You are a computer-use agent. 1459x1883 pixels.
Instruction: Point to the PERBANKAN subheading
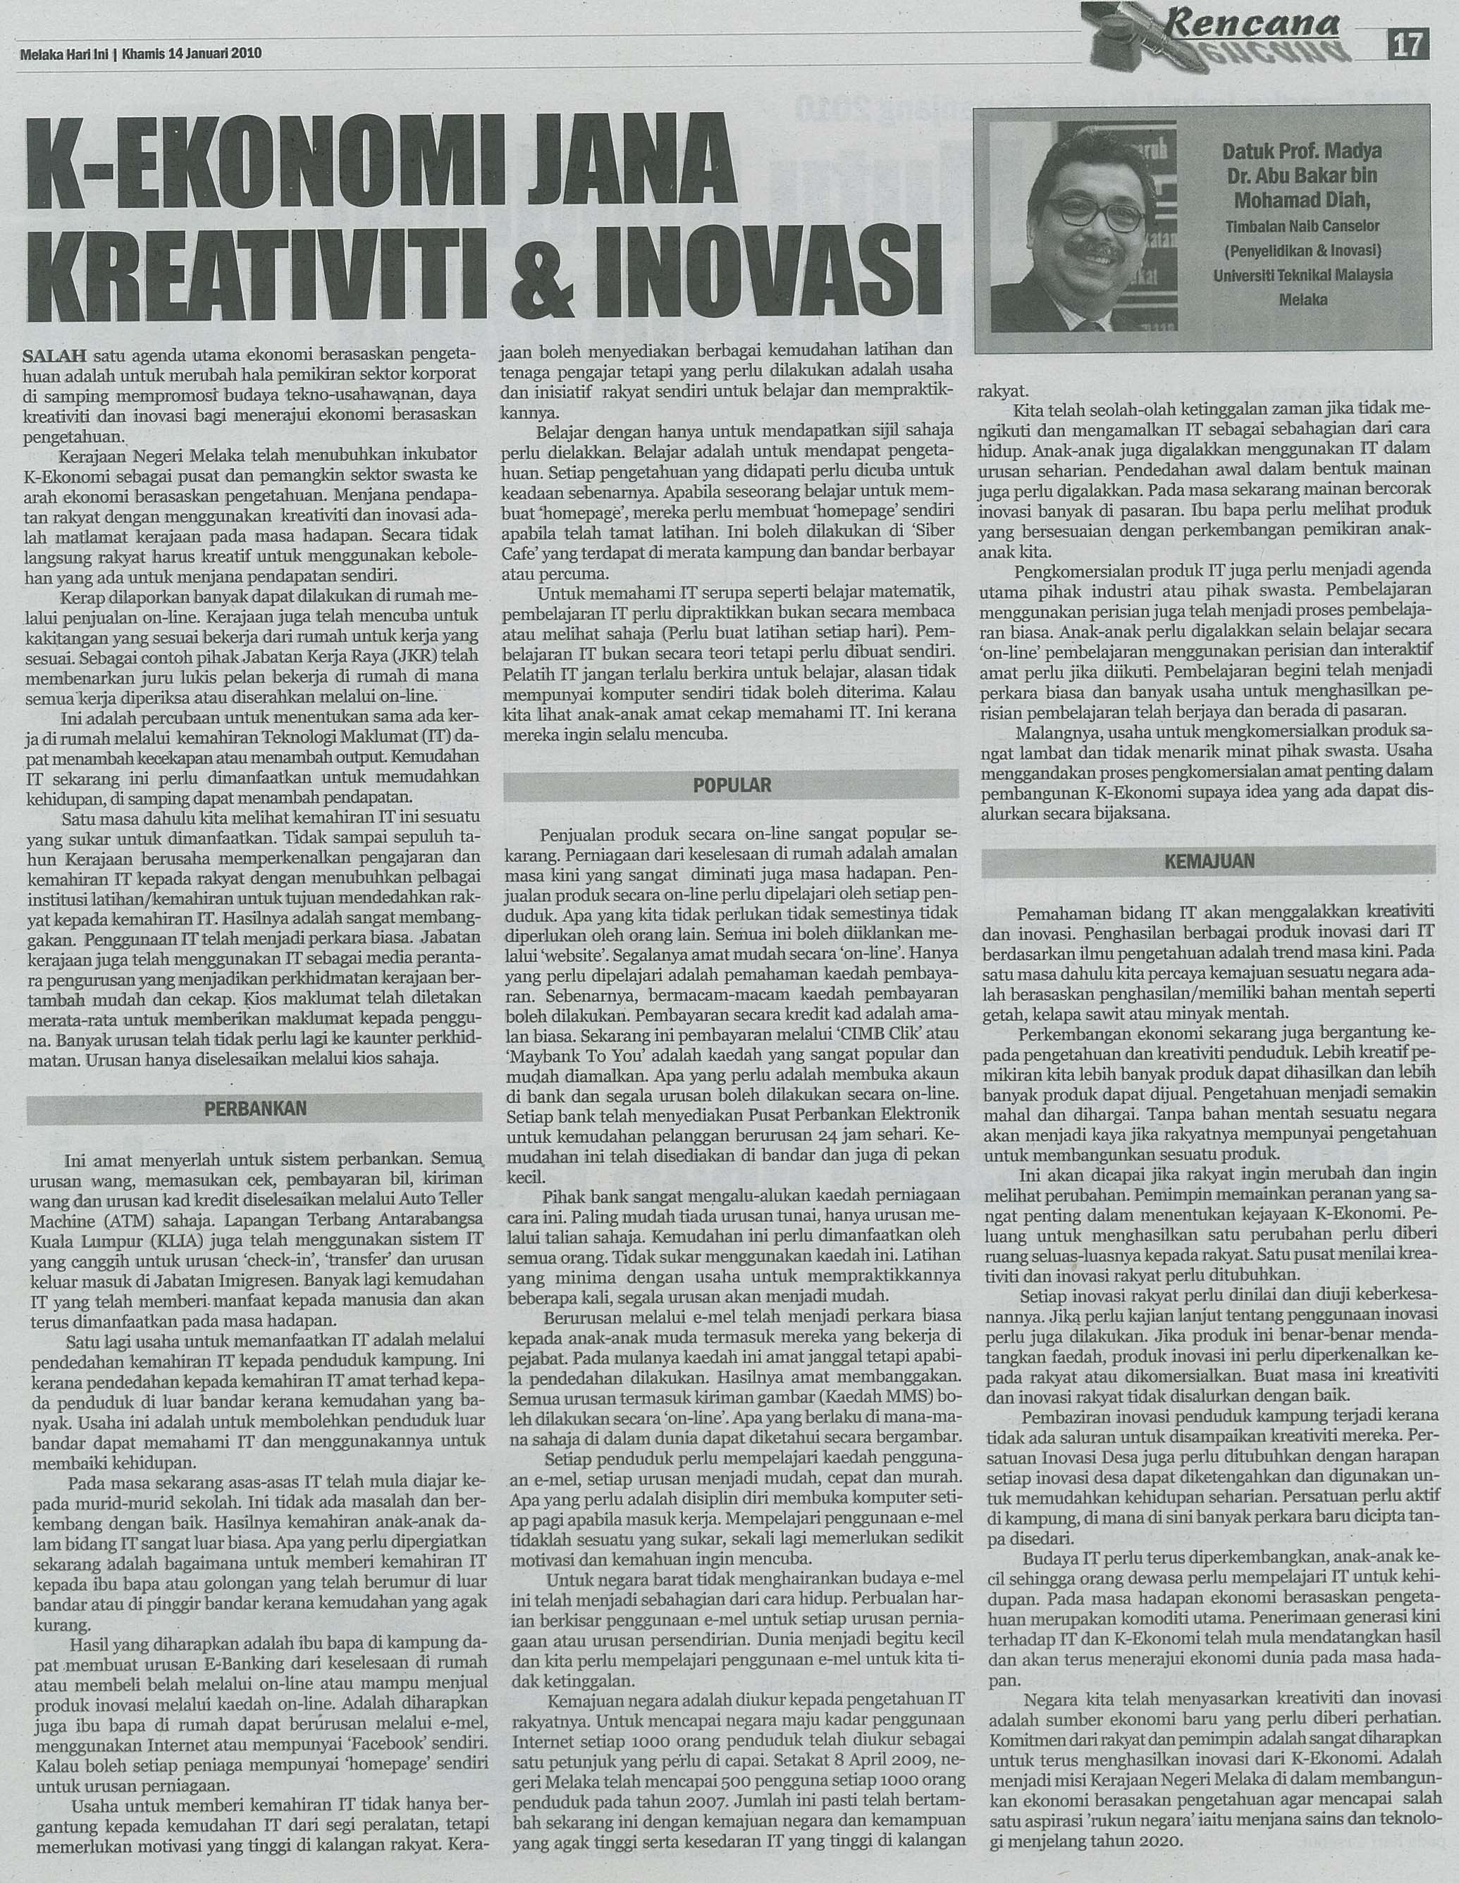click(255, 1108)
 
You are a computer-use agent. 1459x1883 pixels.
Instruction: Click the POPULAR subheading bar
click(731, 784)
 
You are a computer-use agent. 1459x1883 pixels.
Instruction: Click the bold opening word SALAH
click(54, 354)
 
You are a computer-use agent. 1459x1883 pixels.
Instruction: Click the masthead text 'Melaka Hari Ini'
click(63, 53)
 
